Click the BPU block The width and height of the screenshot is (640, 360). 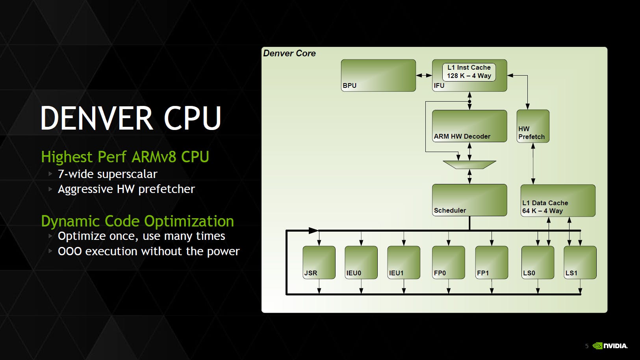tap(378, 75)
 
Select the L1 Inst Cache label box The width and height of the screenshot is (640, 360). tap(469, 72)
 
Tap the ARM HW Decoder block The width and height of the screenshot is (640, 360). tap(469, 126)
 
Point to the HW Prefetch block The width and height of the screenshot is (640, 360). tap(532, 126)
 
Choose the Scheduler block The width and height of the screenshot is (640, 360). tap(469, 200)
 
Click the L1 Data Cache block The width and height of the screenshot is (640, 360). tap(557, 200)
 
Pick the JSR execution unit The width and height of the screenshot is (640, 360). tap(319, 262)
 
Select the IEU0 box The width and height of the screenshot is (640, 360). tap(361, 262)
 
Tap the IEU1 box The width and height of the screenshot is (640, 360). tap(403, 262)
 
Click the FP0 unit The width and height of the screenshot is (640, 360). tap(448, 262)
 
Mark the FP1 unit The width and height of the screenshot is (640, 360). tap(491, 262)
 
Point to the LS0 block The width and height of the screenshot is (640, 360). tap(537, 262)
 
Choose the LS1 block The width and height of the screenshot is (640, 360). tap(580, 262)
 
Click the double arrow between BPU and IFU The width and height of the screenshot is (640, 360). tap(424, 75)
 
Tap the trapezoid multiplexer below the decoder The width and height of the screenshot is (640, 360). tap(469, 164)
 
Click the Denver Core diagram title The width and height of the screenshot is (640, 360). tap(289, 53)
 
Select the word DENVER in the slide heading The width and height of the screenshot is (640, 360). tap(96, 118)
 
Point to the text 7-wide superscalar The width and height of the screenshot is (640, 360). tap(108, 174)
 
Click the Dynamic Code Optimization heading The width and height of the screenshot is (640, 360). tap(137, 221)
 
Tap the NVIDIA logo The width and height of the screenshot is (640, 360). tap(610, 346)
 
